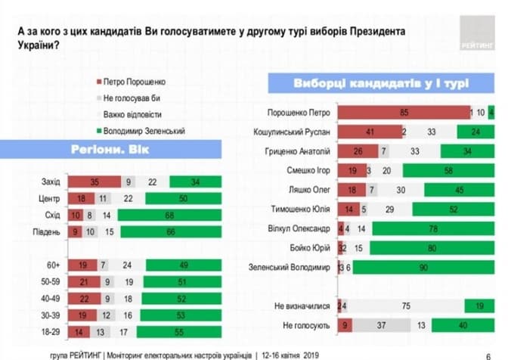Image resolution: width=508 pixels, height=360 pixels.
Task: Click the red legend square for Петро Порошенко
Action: coord(97,80)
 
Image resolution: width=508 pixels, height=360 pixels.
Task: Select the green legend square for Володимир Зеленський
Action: coord(97,131)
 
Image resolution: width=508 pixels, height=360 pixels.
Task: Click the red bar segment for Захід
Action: coord(94,182)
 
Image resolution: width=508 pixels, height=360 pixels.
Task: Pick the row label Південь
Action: coord(48,231)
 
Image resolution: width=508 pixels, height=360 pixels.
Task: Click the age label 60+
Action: coord(54,265)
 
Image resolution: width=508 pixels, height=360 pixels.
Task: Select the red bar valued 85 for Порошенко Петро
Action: coord(403,113)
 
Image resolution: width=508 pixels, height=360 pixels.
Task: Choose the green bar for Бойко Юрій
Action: coord(432,247)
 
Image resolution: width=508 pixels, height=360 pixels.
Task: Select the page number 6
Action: coord(486,352)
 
